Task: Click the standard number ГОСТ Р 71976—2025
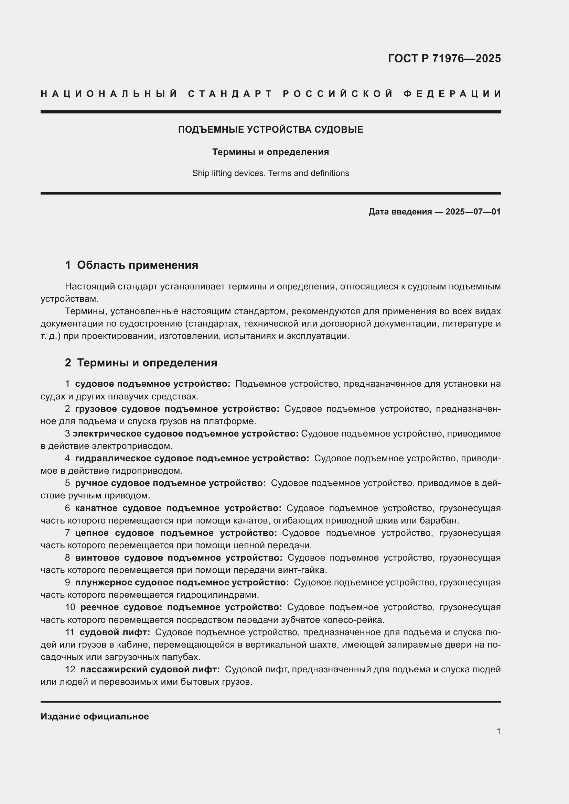[x=444, y=58]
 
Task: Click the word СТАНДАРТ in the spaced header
[x=230, y=94]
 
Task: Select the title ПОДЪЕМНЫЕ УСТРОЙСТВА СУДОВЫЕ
[x=270, y=130]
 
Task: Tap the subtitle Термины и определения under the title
[x=270, y=152]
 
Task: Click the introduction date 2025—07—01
[x=473, y=211]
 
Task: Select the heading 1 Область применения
[x=131, y=265]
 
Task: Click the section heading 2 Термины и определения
[x=141, y=362]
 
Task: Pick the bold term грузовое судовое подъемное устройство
[x=177, y=409]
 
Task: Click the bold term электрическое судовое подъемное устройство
[x=185, y=433]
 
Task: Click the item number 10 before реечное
[x=70, y=607]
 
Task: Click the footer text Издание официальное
[x=95, y=716]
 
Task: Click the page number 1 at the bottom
[x=498, y=731]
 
